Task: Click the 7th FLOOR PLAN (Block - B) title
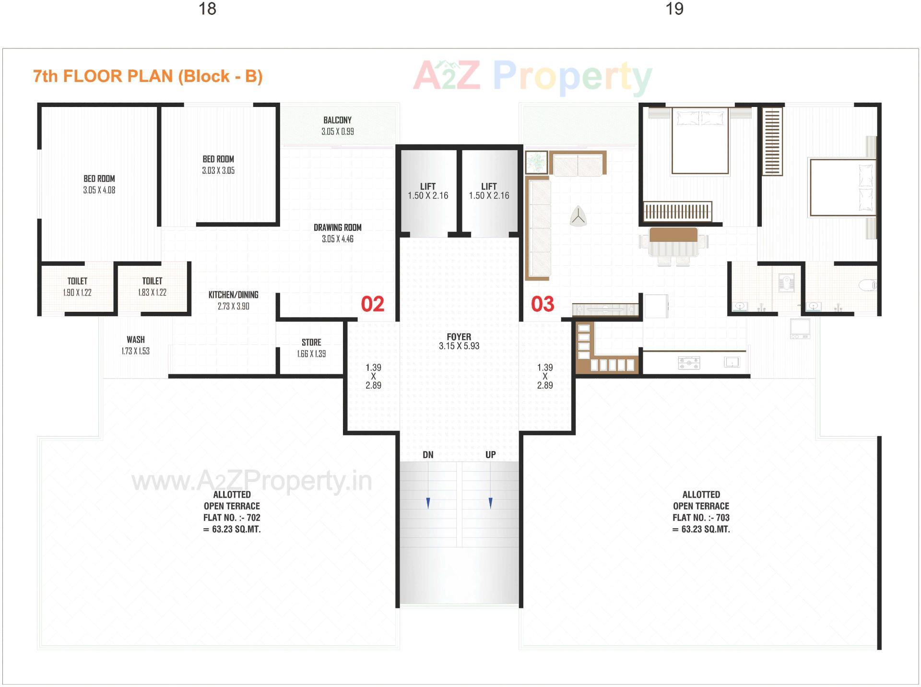(148, 76)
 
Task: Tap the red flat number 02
(372, 304)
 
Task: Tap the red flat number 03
(543, 304)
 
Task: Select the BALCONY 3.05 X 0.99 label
(337, 126)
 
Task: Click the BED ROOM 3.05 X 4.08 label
(99, 184)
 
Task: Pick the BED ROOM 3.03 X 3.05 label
(218, 165)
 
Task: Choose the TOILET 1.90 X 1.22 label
(77, 286)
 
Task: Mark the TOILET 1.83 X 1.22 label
(152, 286)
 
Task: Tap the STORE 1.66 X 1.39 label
(311, 348)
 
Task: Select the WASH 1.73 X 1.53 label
(135, 345)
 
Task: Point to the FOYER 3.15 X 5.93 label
(459, 341)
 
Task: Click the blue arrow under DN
(428, 503)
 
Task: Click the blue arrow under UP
(490, 503)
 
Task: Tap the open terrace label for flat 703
(701, 511)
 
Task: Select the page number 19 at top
(674, 9)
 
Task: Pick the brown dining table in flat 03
(673, 236)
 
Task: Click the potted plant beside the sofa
(536, 162)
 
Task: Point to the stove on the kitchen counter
(689, 363)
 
